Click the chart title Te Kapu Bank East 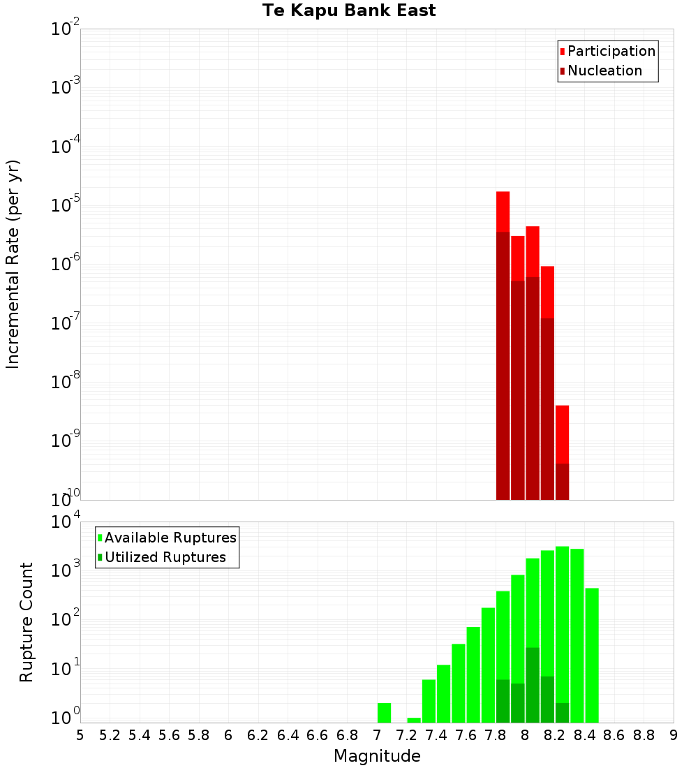349,11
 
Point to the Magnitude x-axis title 377,756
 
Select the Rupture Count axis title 27,622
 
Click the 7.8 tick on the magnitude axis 496,735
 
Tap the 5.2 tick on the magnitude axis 110,735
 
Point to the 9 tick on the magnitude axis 674,735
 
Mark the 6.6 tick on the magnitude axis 318,735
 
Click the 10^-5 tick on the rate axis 66,205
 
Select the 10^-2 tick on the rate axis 66,29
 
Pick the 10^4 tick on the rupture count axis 66,522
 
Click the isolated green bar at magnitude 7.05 384,713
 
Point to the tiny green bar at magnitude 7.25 414,720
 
